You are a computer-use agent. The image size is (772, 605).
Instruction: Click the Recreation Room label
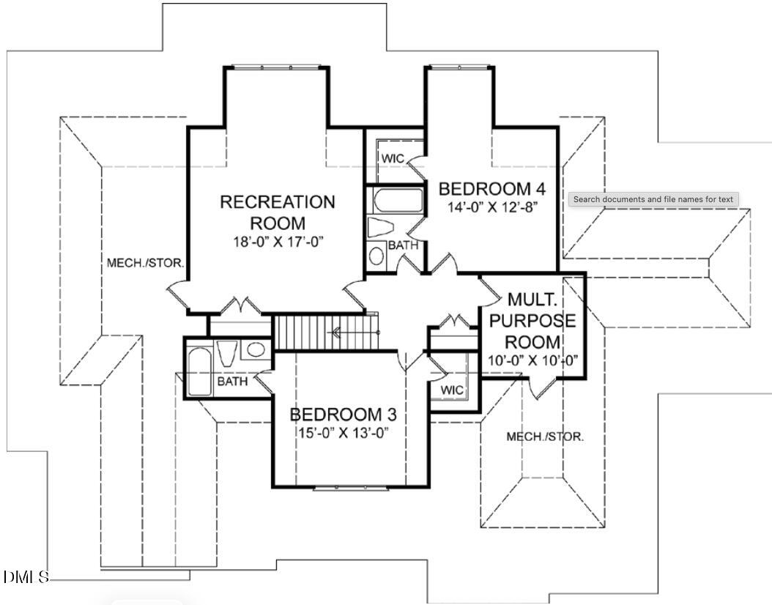tap(278, 212)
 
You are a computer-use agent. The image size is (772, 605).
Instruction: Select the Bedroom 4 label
tap(492, 189)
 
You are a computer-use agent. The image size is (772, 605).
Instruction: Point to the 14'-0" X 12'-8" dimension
tap(493, 207)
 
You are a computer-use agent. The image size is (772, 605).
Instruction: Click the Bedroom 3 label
tap(343, 415)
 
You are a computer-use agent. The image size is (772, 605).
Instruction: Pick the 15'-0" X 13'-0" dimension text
tap(342, 432)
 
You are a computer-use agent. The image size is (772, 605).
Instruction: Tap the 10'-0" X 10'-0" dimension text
tap(533, 360)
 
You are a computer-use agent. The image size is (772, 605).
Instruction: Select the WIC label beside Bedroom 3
tap(452, 390)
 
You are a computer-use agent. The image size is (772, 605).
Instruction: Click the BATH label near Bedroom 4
tap(403, 245)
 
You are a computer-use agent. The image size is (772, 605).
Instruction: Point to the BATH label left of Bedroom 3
tap(232, 381)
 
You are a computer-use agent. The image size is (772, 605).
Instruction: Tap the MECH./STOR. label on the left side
tap(146, 262)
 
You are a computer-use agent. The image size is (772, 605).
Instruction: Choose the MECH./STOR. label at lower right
tap(545, 437)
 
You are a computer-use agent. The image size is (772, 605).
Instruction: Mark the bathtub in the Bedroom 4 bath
tap(398, 201)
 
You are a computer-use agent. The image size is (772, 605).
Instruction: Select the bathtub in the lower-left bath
tap(198, 371)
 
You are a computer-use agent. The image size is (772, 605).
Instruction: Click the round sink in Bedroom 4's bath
tap(376, 256)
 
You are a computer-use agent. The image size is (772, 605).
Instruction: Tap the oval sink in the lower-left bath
tap(255, 349)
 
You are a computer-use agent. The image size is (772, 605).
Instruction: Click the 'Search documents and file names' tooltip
tap(653, 199)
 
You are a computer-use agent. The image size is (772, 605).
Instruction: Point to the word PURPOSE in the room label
tap(532, 321)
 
